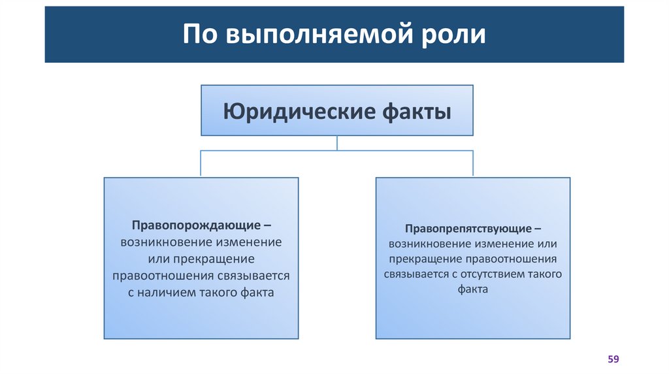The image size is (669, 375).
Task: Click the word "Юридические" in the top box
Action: click(299, 110)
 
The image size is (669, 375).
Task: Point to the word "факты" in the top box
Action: click(416, 110)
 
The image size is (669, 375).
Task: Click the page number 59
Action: click(613, 359)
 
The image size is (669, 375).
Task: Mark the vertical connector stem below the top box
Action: click(337, 143)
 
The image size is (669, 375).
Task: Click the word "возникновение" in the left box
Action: click(160, 242)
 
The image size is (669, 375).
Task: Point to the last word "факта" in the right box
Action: click(473, 289)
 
